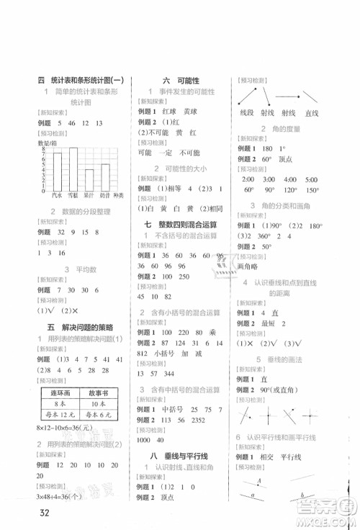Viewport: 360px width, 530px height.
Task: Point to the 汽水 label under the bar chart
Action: pyautogui.click(x=58, y=195)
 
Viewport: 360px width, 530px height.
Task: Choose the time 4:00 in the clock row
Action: pyautogui.click(x=291, y=179)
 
